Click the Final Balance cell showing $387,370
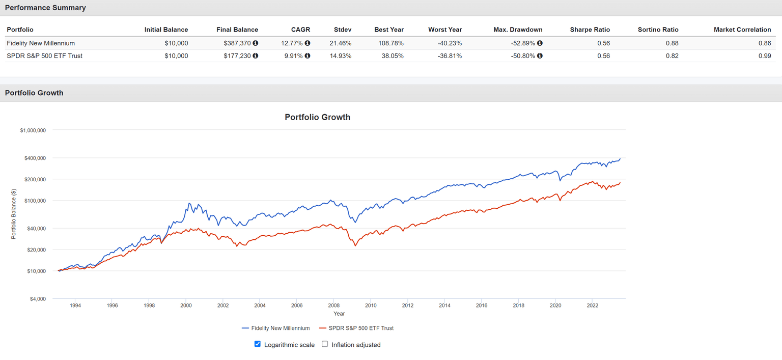237,43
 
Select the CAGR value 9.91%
293,56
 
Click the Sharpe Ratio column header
590,30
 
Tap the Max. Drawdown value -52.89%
523,43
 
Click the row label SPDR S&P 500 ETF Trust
44,56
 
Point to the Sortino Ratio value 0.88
672,43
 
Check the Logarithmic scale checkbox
258,344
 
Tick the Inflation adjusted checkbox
325,344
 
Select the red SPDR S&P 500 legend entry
356,328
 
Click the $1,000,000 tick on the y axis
33,130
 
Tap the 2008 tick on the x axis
333,306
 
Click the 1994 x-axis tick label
75,306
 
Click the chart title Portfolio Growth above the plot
317,117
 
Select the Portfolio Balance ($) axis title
14,214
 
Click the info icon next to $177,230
256,56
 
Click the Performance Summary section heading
45,8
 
